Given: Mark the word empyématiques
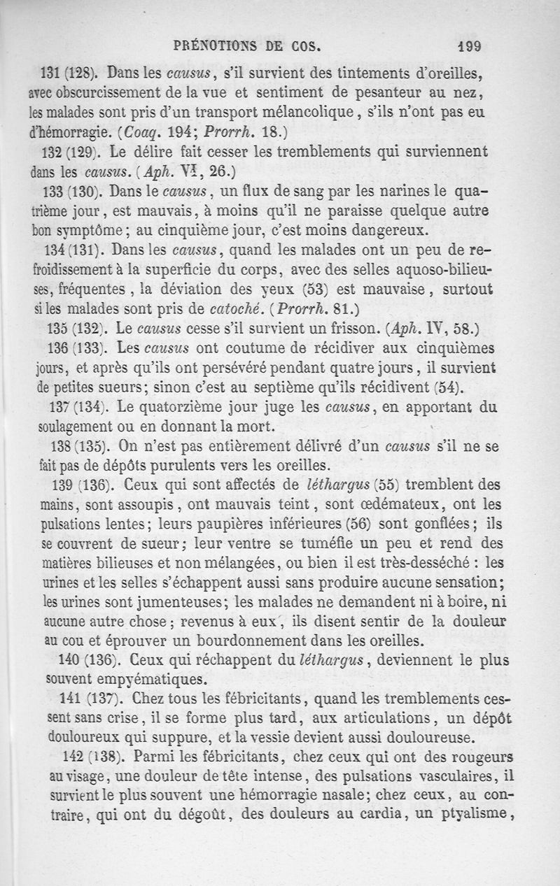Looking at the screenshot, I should pyautogui.click(x=151, y=678).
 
